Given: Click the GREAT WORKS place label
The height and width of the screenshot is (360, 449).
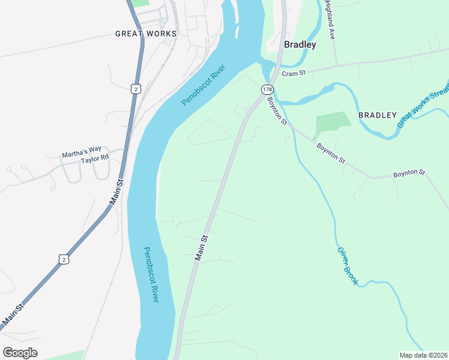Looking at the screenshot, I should (x=146, y=34).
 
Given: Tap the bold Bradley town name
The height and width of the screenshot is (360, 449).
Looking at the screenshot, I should (x=300, y=44).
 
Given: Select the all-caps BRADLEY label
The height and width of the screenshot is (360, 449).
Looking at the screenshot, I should (x=377, y=115).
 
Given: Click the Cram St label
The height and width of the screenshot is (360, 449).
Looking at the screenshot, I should (x=295, y=73).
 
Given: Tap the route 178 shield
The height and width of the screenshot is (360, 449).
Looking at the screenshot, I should (x=266, y=89).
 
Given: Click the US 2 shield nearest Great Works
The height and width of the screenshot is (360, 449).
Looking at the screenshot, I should (x=136, y=88).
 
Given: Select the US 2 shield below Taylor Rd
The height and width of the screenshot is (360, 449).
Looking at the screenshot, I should (x=64, y=258).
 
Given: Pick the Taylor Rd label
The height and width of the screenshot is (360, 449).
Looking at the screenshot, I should (x=95, y=158).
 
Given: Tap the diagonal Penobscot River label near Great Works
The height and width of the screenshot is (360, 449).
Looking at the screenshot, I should (x=203, y=85).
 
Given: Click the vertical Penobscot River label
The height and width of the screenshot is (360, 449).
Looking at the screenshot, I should (x=151, y=274).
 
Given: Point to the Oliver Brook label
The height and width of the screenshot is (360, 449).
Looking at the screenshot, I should (x=348, y=266).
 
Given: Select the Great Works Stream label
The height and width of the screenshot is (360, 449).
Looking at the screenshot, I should (x=423, y=107).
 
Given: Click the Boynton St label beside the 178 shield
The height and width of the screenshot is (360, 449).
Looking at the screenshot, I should (x=277, y=111).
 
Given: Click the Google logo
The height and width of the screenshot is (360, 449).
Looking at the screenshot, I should (x=20, y=352).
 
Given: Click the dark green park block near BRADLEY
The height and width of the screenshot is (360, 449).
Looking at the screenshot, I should (x=331, y=122).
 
